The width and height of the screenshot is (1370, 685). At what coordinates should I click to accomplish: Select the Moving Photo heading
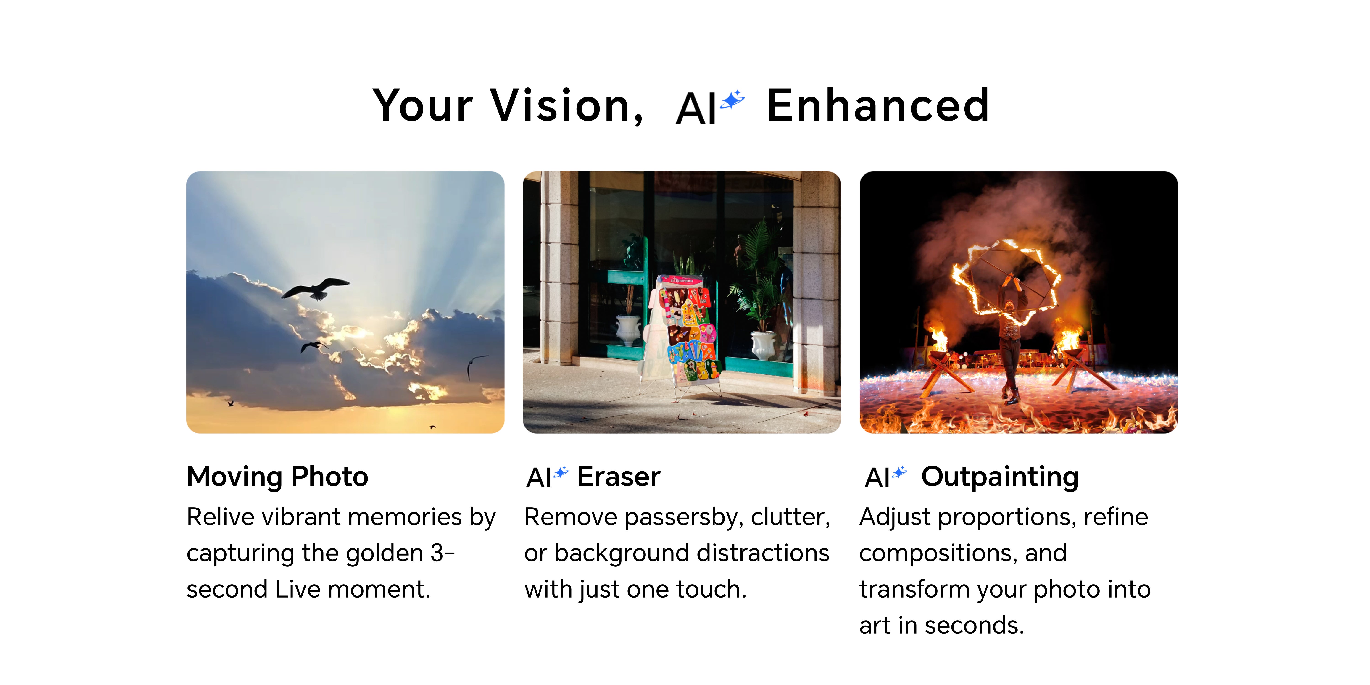pos(277,477)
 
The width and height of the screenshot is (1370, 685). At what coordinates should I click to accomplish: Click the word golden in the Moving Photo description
pos(384,554)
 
